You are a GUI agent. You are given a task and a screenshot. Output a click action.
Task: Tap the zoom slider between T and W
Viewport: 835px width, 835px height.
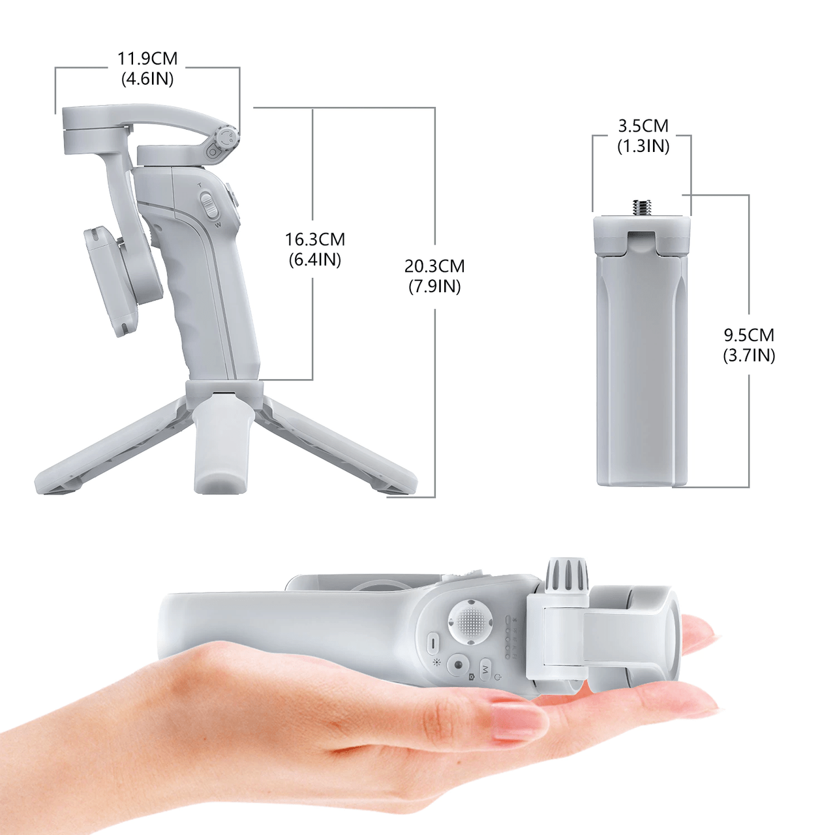tap(209, 205)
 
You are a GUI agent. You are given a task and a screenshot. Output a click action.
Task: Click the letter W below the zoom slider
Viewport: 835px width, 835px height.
tap(218, 225)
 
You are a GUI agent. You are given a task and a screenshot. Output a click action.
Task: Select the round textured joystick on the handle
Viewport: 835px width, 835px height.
tap(470, 622)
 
